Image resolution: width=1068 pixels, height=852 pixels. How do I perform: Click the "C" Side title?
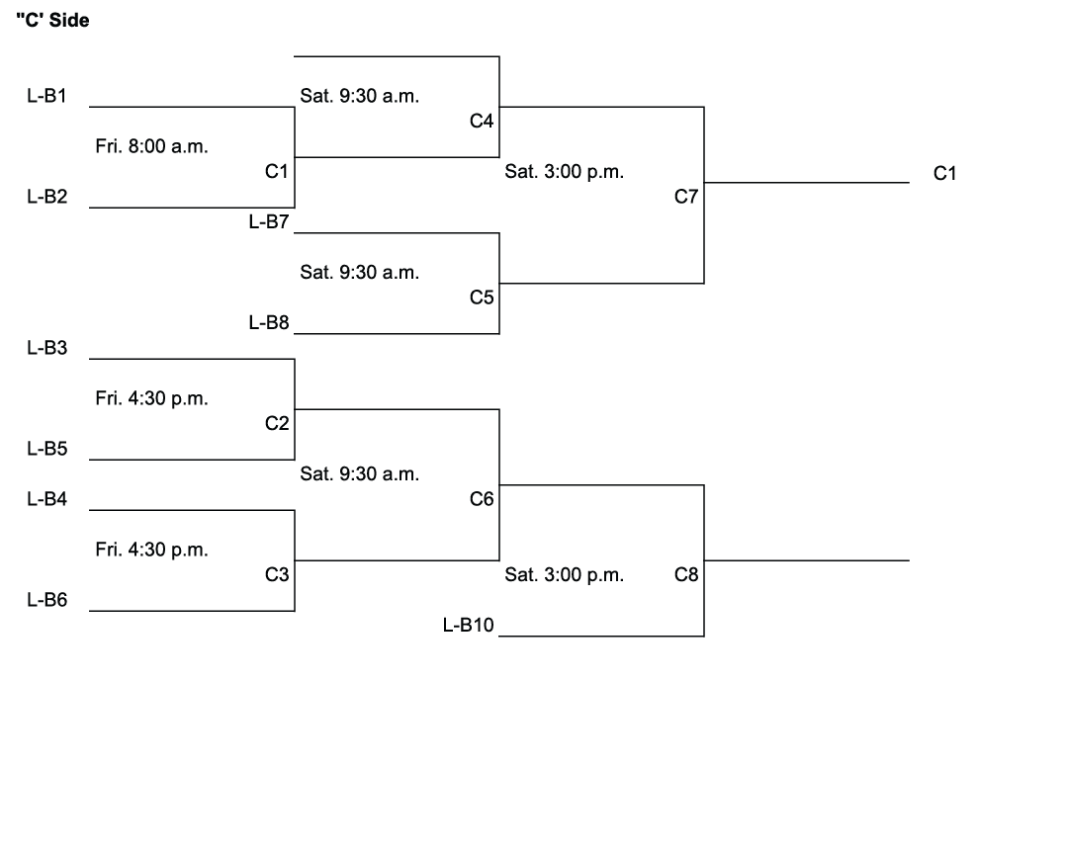(53, 21)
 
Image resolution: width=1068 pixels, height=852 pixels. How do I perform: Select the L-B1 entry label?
(46, 96)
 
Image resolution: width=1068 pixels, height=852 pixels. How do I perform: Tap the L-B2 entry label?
(46, 196)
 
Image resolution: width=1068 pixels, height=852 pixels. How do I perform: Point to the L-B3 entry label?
(46, 348)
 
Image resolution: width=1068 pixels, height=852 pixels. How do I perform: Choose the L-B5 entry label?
(46, 449)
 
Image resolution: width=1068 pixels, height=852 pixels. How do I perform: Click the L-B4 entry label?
(46, 499)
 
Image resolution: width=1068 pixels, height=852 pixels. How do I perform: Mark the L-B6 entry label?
(46, 599)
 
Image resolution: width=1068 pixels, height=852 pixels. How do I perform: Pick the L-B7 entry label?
(268, 221)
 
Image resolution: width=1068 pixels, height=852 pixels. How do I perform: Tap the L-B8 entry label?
(268, 322)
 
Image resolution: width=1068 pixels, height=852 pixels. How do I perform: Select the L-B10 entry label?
(469, 625)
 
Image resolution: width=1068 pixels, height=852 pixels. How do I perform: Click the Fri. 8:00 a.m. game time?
(151, 146)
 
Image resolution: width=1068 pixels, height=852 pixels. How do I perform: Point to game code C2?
(277, 423)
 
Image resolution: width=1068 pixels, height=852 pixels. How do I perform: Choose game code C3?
(277, 574)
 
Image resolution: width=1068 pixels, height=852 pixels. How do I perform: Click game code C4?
(482, 121)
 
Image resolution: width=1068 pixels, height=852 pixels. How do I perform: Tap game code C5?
(482, 298)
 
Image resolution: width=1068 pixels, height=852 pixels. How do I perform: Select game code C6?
(482, 499)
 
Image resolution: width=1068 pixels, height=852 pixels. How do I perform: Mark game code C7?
(686, 197)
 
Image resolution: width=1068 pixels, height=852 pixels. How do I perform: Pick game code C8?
(686, 574)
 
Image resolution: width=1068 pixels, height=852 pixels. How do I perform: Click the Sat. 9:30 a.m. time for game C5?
(359, 272)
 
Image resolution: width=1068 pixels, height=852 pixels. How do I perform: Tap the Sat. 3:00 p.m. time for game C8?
(564, 574)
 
